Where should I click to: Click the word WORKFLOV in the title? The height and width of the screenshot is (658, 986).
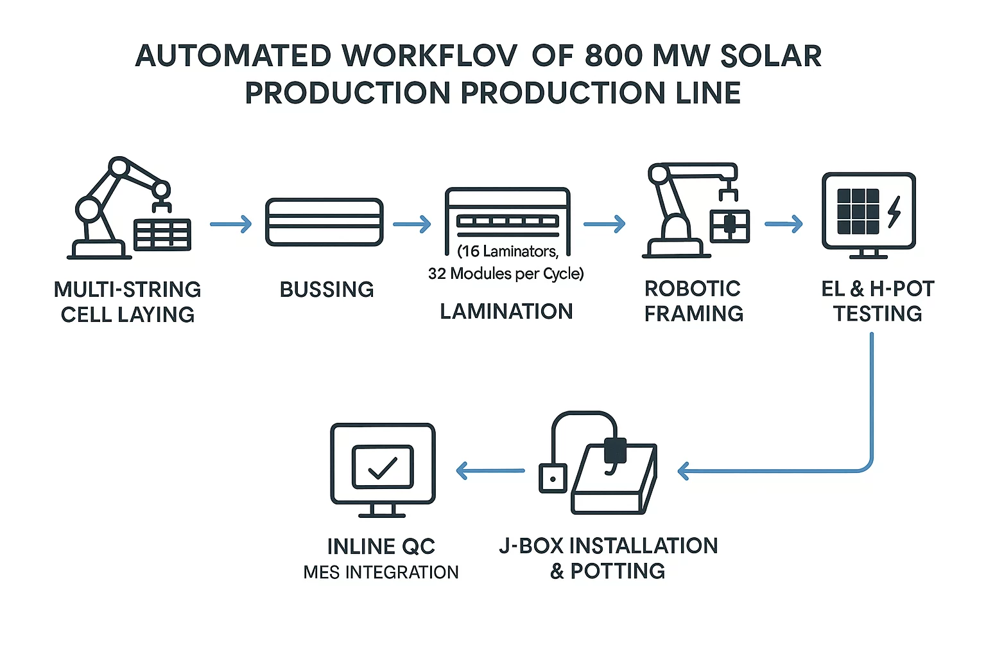[429, 57]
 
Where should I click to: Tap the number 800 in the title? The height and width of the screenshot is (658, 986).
[613, 57]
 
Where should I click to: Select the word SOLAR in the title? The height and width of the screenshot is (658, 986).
[770, 57]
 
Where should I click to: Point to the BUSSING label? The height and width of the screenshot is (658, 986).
[327, 290]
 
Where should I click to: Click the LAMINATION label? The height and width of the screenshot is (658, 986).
[506, 312]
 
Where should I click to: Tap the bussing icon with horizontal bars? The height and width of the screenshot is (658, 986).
[324, 222]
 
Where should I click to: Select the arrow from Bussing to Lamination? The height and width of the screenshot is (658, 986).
[411, 224]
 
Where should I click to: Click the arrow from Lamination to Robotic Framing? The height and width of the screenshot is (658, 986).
[604, 224]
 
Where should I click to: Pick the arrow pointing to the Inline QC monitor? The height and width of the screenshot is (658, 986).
[490, 471]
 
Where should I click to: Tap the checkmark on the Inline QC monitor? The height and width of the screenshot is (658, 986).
[383, 467]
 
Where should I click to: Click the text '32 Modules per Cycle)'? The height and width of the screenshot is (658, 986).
[506, 274]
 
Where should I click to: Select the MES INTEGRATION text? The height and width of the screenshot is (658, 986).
[381, 572]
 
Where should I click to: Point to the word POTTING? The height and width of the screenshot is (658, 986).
[618, 571]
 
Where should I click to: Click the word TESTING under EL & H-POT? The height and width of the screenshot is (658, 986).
[878, 314]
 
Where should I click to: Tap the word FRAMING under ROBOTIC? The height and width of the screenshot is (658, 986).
[693, 314]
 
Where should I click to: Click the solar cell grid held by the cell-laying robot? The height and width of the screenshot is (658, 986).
[162, 235]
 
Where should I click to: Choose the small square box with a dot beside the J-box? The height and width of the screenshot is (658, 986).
[553, 478]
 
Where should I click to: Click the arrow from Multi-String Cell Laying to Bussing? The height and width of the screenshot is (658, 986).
[231, 224]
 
